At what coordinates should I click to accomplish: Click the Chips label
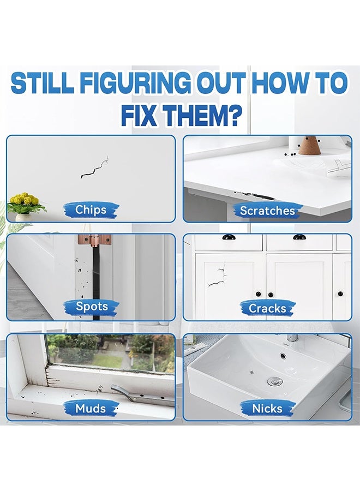[91, 210]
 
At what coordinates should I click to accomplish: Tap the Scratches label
[267, 211]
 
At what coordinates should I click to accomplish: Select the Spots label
[92, 306]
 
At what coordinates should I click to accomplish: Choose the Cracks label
[267, 308]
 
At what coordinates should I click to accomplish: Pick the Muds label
[91, 408]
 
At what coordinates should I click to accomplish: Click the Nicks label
[267, 408]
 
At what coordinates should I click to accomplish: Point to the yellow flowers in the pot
[24, 200]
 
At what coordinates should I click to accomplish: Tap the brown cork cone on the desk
[309, 145]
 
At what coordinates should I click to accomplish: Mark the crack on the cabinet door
[218, 276]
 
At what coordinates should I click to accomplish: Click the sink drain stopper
[275, 381]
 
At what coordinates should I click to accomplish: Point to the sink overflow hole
[283, 356]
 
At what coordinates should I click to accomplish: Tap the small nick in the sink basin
[251, 372]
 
